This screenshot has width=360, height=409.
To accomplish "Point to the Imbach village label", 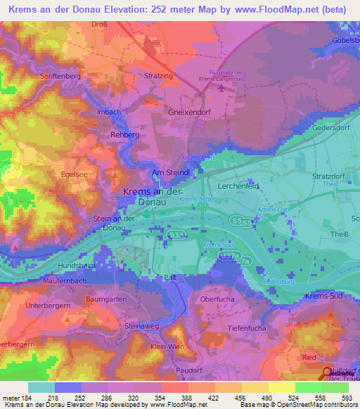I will click(x=109, y=112).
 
